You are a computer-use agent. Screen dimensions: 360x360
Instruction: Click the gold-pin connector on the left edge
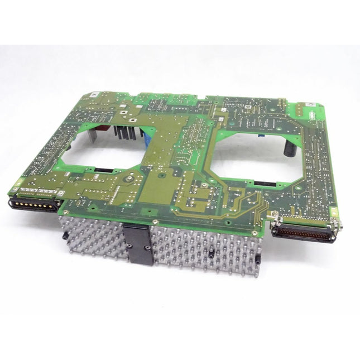(35, 203)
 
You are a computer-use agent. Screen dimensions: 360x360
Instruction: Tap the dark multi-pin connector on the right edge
(303, 233)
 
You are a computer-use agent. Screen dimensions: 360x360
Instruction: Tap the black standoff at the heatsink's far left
(66, 237)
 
